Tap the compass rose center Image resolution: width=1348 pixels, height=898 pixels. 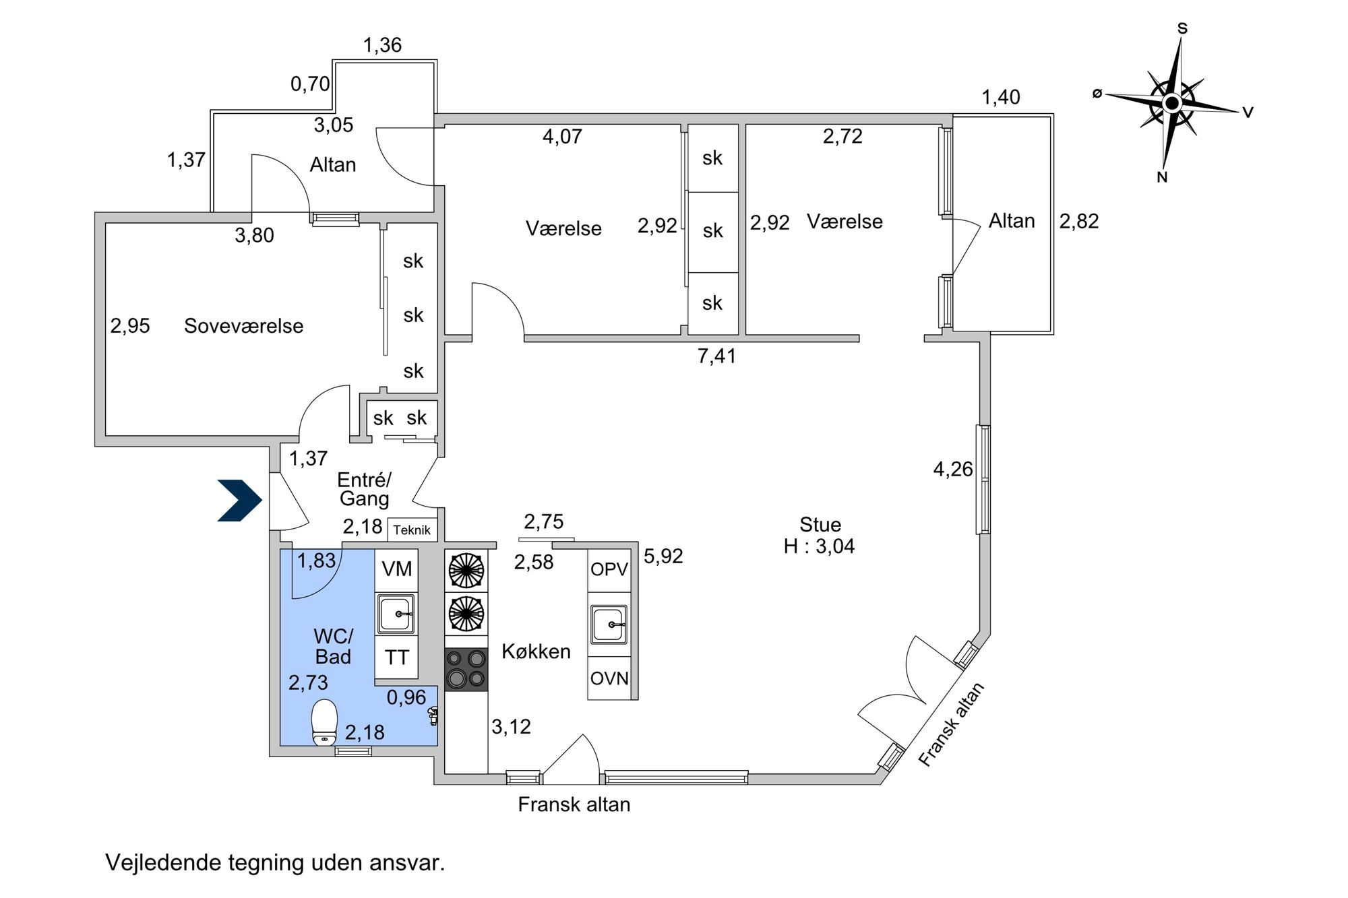pyautogui.click(x=1172, y=104)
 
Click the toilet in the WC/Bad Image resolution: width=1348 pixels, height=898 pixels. pyautogui.click(x=325, y=722)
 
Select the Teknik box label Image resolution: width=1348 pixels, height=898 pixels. pyautogui.click(x=412, y=530)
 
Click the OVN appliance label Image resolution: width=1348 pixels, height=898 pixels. pyautogui.click(x=609, y=678)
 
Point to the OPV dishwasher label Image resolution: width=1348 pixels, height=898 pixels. pyautogui.click(x=609, y=569)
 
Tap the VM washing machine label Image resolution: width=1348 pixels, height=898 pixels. pyautogui.click(x=397, y=569)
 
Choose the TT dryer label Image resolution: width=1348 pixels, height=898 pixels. pyautogui.click(x=397, y=658)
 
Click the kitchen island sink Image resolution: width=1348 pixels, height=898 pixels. pyautogui.click(x=609, y=624)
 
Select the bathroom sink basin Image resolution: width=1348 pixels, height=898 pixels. pyautogui.click(x=396, y=614)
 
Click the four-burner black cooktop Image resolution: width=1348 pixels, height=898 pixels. pyautogui.click(x=466, y=670)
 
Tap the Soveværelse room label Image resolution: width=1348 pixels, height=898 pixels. pyautogui.click(x=244, y=326)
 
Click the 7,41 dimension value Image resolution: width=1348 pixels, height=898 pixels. pyautogui.click(x=716, y=356)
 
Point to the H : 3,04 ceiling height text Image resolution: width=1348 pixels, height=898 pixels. pyautogui.click(x=819, y=546)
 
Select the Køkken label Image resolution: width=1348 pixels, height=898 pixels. pyautogui.click(x=537, y=651)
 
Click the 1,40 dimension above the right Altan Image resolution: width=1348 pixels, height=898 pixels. pyautogui.click(x=1001, y=98)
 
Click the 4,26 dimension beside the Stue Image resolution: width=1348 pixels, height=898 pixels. pyautogui.click(x=953, y=469)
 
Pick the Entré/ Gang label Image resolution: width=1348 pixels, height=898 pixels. pyautogui.click(x=365, y=489)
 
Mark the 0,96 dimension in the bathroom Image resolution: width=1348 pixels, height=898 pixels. pyautogui.click(x=406, y=697)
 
